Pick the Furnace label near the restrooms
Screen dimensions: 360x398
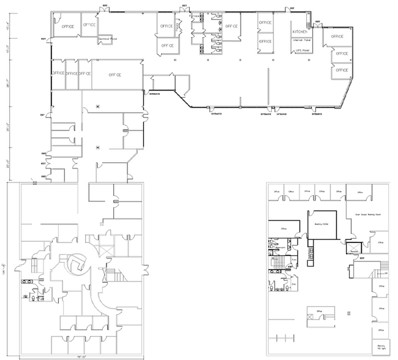pos(293,260)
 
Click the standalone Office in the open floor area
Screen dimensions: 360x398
pos(319,312)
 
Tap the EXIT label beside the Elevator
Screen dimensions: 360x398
pos(362,259)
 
